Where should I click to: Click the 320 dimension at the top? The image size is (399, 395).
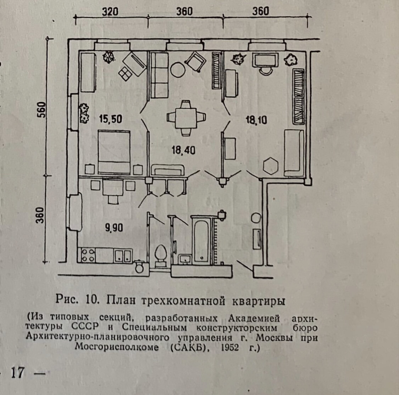coord(110,11)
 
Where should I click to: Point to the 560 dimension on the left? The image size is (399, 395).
coord(41,110)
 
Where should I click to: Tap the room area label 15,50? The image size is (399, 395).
coord(110,119)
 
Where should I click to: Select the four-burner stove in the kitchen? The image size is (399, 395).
coord(87,255)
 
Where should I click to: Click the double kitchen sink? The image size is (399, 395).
coord(123,256)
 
